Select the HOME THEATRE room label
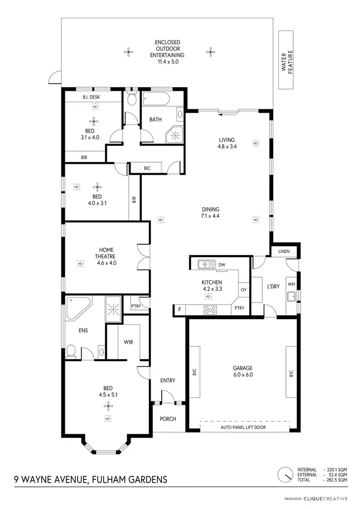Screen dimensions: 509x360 coord(107,256)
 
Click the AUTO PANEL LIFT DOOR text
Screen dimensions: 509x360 coord(243,427)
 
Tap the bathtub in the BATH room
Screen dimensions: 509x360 coord(155,101)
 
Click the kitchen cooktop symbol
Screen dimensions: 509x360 coord(210,309)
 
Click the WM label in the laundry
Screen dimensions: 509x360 coord(291,284)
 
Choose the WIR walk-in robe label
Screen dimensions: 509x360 coord(128,342)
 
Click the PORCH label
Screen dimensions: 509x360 coord(168,419)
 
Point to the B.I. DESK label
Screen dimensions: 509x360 coord(91,97)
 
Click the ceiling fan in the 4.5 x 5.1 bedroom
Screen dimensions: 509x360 coord(108,407)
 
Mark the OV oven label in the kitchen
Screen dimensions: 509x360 coord(243,290)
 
